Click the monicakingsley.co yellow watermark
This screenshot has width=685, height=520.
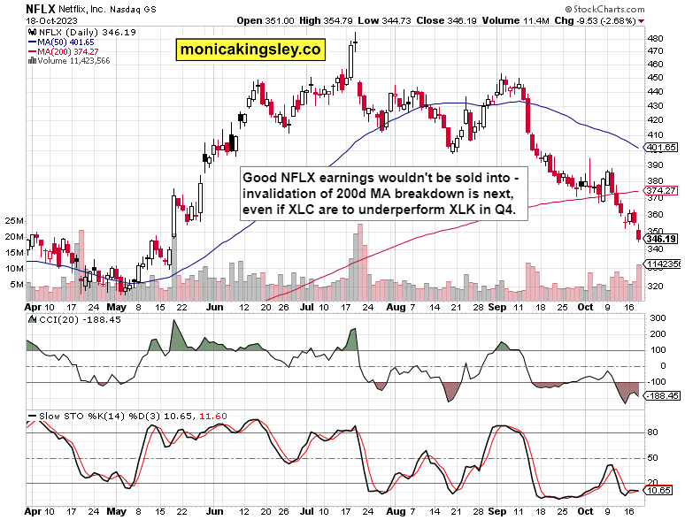pos(250,50)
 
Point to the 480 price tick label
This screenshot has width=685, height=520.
pos(656,39)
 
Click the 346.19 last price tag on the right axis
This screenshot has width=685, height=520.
pos(661,239)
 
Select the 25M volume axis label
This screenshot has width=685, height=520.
pos(13,220)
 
